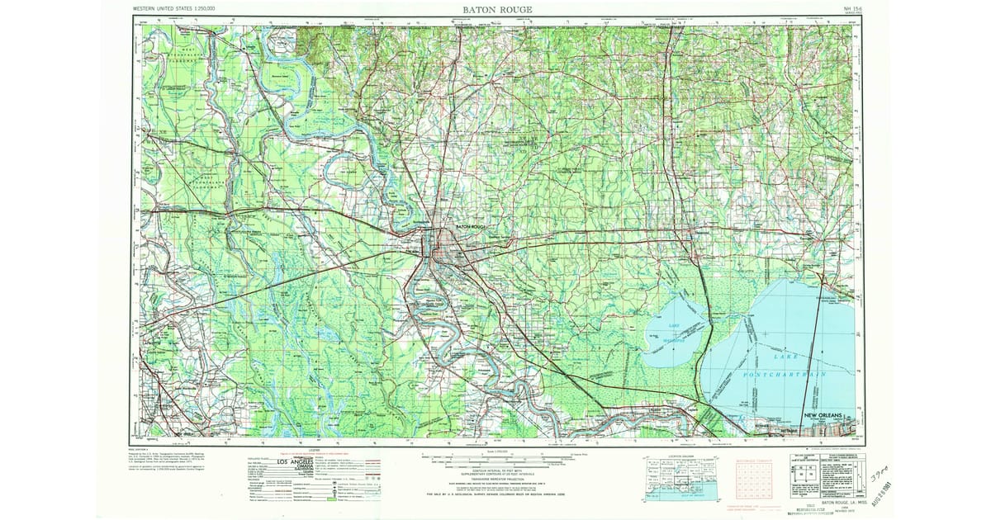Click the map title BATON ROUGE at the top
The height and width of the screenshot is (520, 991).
coord(497,9)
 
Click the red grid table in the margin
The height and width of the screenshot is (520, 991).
coord(752,478)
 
